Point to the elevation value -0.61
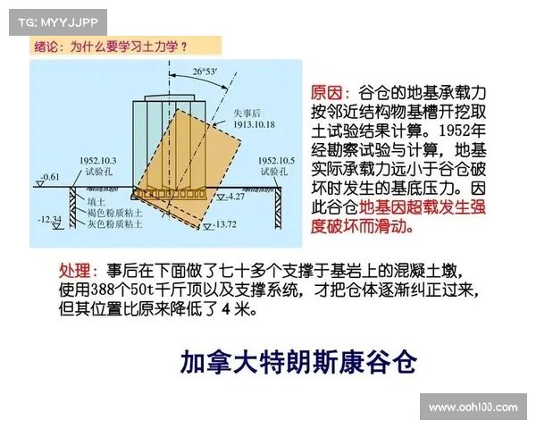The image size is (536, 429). click(x=52, y=176)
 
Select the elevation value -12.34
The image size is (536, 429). click(x=50, y=218)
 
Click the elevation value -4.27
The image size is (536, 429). click(x=235, y=196)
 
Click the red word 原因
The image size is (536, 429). click(x=325, y=93)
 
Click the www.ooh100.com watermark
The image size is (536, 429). click(x=473, y=407)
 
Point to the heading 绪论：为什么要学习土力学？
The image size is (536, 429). click(x=111, y=46)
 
